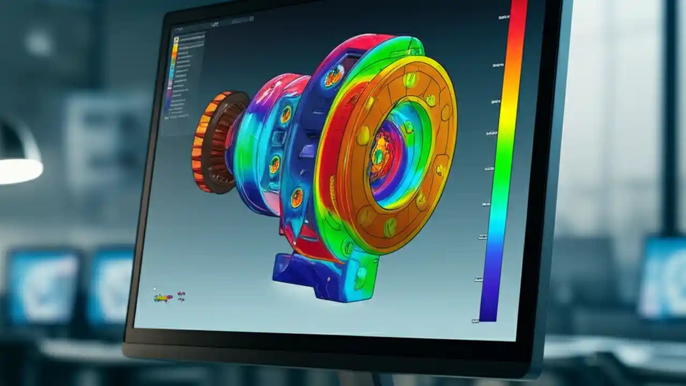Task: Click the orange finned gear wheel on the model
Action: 206,142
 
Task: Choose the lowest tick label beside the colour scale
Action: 475,321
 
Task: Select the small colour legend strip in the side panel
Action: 174,75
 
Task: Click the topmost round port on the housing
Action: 333,77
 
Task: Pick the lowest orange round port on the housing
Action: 296,197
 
